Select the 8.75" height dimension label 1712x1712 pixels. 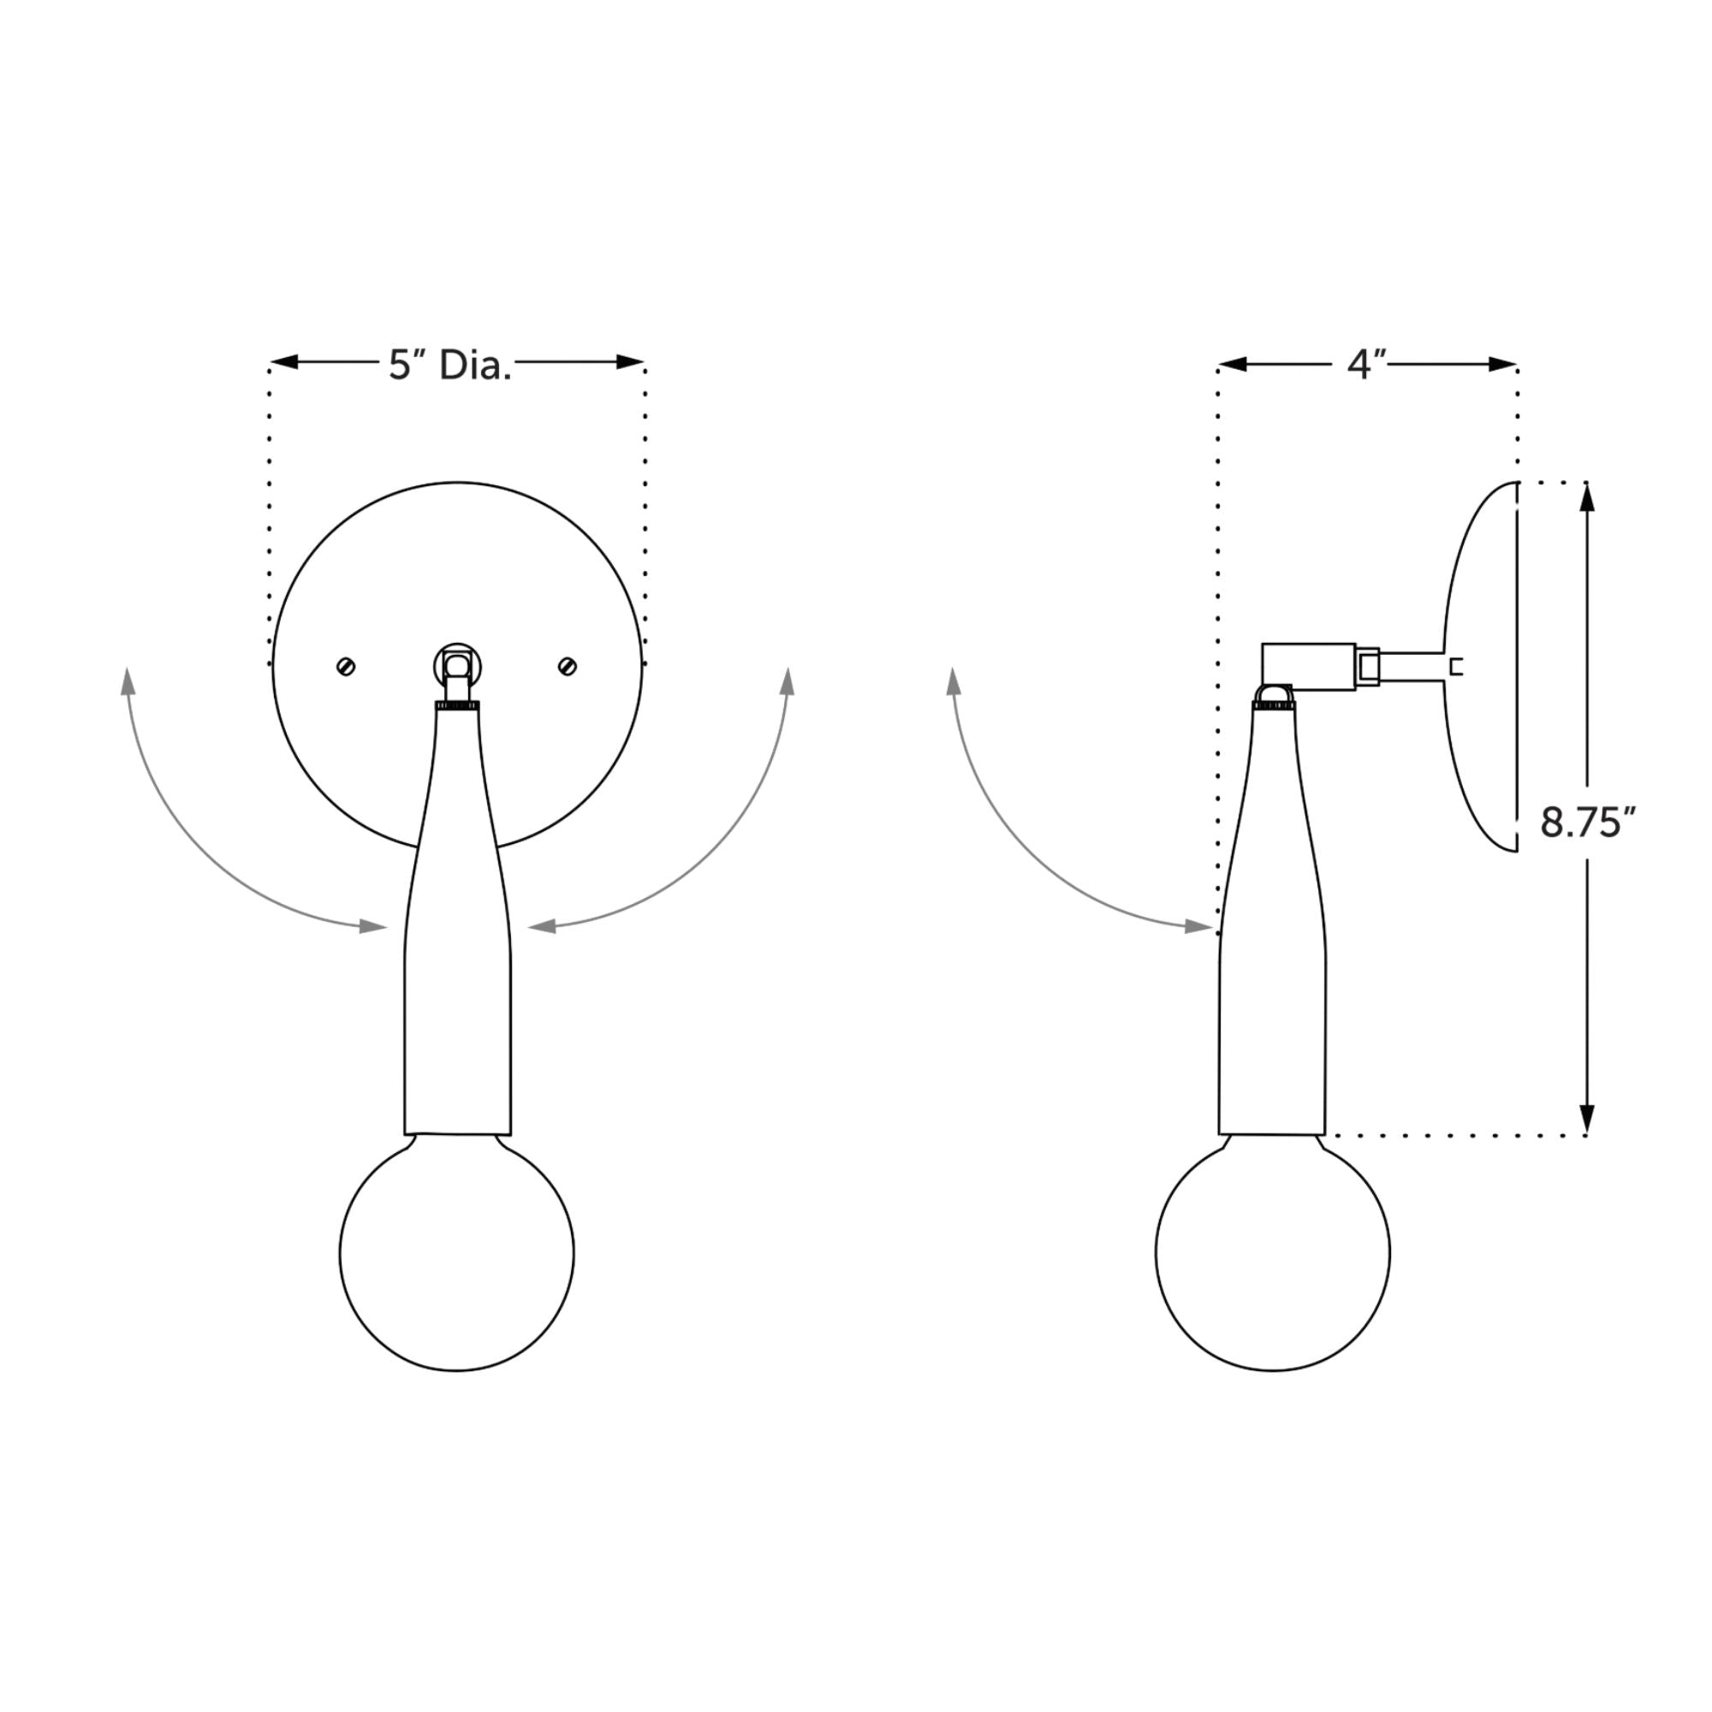[x=1586, y=823]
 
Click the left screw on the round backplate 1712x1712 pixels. [x=347, y=666]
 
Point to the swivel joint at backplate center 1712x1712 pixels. [x=457, y=663]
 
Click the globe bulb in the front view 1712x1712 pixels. [x=456, y=1253]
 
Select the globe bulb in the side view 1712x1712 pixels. [x=1273, y=1253]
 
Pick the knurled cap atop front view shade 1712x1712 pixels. [x=457, y=705]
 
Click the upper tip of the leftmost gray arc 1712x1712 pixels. [x=128, y=681]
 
